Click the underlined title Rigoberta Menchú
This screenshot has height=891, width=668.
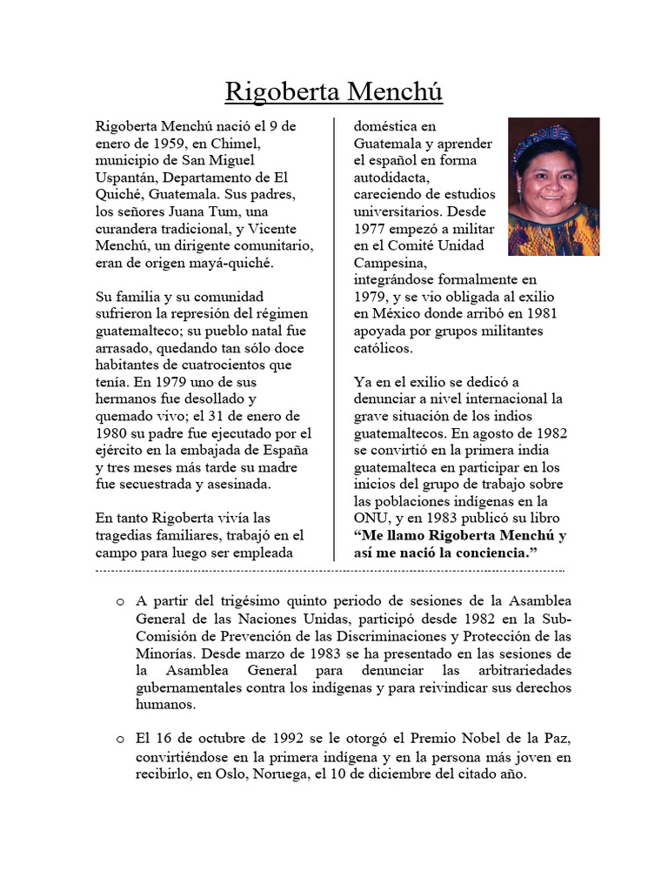(x=334, y=91)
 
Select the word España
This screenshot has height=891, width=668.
(x=286, y=451)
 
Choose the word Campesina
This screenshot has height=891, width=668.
(x=390, y=263)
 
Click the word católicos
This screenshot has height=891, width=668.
(x=384, y=348)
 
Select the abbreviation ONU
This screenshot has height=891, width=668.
(x=370, y=519)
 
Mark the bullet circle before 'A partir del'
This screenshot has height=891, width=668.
(x=119, y=602)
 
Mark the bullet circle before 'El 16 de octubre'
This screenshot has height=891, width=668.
(x=119, y=740)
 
